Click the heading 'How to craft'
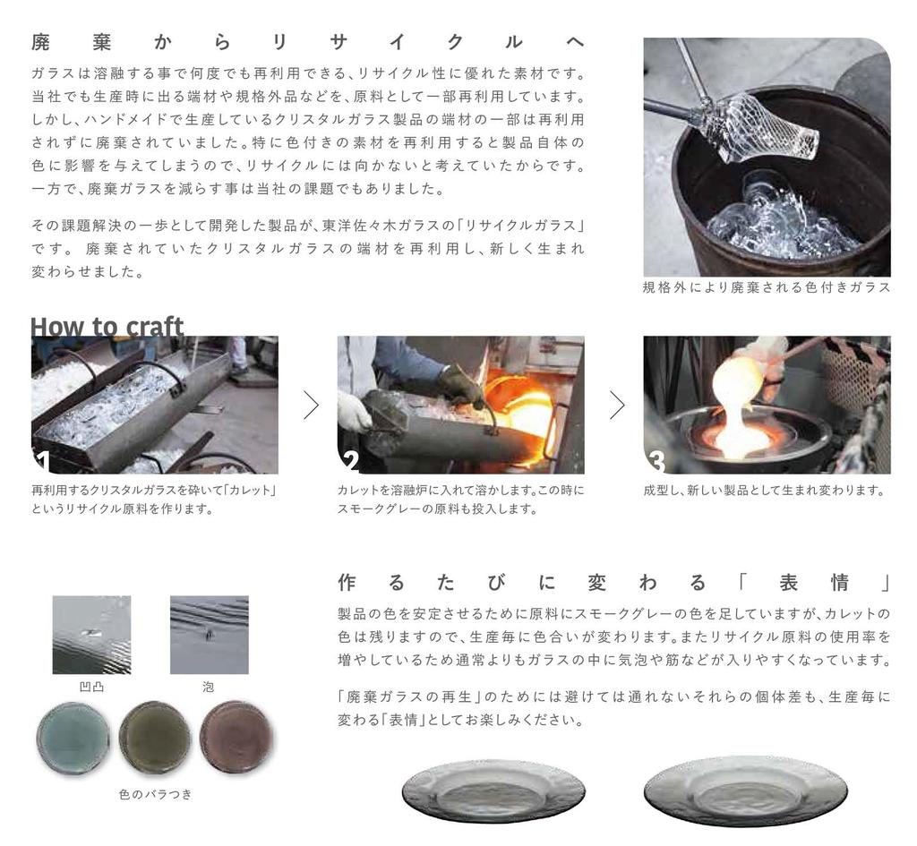107,327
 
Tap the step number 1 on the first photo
41,461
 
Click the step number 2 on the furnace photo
350,461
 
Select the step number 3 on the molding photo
656,461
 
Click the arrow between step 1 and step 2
311,406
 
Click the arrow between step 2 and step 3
617,406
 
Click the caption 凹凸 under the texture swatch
91,687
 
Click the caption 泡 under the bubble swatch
209,687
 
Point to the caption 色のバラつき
155,793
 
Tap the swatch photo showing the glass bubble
209,635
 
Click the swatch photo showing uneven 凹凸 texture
91,635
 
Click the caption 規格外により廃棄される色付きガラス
767,287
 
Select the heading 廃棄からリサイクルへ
308,42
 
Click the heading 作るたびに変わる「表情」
613,584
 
